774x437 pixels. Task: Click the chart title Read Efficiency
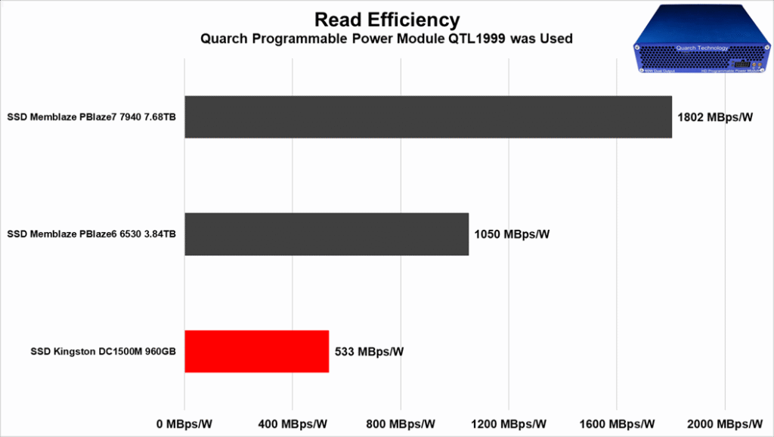click(387, 18)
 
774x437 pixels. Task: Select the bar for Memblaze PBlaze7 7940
click(428, 117)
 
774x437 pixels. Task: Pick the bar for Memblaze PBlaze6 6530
click(327, 234)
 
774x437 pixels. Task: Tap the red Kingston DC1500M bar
click(256, 352)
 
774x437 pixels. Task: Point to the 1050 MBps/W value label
click(512, 234)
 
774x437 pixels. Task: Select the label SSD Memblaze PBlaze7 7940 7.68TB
click(91, 117)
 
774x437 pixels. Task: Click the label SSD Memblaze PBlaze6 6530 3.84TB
click(91, 234)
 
